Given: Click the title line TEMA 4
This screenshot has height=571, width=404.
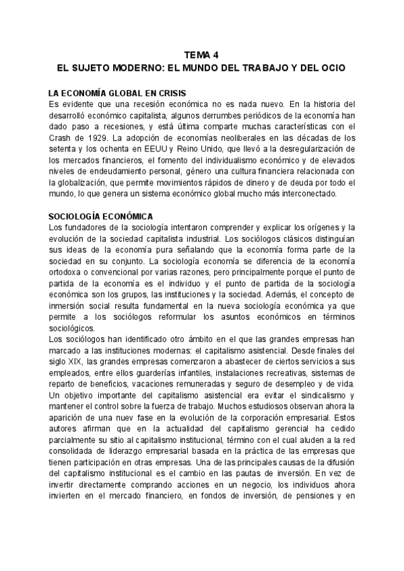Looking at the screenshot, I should click(202, 56).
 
